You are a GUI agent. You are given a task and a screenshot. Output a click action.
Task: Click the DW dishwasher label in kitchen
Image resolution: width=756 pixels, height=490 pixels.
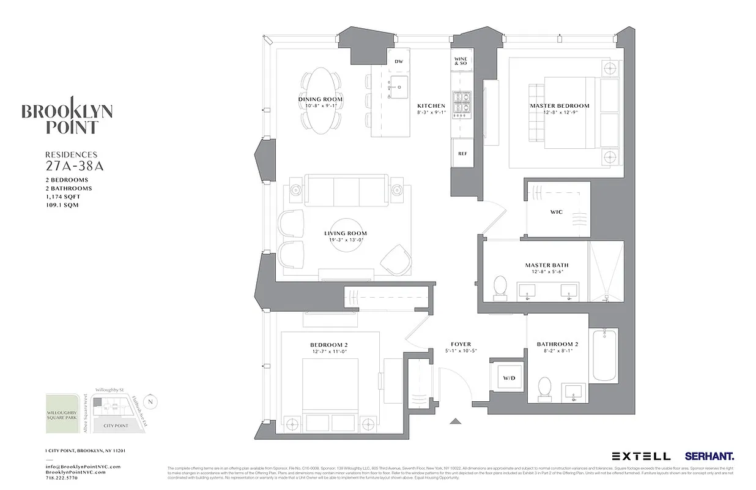point(399,61)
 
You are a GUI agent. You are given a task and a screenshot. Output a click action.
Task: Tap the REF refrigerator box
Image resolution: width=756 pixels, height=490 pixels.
point(462,153)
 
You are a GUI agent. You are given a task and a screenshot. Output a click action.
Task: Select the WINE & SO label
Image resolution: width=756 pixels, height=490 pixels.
point(461,61)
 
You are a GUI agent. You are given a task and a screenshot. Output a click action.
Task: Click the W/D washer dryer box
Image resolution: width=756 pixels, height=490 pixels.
point(509,379)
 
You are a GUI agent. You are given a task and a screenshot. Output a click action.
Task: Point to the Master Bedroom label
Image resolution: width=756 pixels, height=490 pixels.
point(559,106)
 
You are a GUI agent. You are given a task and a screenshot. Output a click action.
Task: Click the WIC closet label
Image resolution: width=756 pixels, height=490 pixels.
point(557,212)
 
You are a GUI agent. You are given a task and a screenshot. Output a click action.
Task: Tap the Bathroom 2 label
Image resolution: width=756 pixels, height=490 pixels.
point(557,344)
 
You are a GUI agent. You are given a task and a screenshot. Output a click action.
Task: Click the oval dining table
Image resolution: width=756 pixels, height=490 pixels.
point(321,100)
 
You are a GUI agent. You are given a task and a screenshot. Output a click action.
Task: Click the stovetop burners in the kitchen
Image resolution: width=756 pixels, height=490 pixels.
point(460,104)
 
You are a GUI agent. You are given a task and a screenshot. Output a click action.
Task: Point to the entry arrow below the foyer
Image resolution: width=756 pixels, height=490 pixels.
point(455,421)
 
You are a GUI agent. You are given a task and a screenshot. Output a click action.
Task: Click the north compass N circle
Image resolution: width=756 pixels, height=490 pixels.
point(152,402)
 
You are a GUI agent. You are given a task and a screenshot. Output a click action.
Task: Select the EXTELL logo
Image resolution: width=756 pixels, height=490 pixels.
point(641,456)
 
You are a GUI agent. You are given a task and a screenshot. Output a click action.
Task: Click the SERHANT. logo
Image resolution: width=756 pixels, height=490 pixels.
point(710,456)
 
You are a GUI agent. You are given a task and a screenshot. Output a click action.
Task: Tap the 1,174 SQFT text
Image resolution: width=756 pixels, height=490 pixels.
point(62,197)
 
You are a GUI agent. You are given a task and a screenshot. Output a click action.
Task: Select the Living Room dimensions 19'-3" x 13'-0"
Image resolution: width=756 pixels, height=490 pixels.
point(346,240)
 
